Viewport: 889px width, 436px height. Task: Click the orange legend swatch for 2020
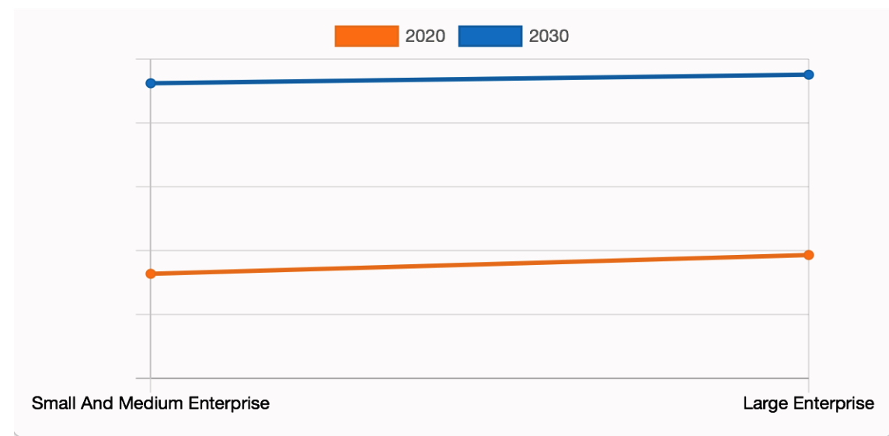coord(366,36)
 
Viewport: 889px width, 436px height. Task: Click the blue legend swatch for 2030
coord(490,36)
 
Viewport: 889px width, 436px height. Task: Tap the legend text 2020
coord(425,36)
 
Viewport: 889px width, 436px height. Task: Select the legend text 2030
coord(549,36)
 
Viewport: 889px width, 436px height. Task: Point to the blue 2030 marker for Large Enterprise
coord(808,75)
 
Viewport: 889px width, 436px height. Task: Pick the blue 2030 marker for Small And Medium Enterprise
coord(151,83)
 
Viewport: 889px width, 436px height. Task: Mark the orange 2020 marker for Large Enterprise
coord(808,255)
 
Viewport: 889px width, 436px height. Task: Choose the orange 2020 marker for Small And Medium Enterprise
coord(151,274)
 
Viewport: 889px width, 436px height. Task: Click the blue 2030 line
coord(479,78)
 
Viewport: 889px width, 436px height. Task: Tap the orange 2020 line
coord(479,264)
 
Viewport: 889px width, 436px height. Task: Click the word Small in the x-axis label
coord(51,403)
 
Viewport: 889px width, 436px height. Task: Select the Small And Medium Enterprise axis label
coord(151,403)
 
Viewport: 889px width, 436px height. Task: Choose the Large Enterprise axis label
coord(808,403)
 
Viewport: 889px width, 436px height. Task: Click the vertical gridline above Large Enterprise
coord(809,171)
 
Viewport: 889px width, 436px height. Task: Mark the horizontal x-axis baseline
coord(479,378)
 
